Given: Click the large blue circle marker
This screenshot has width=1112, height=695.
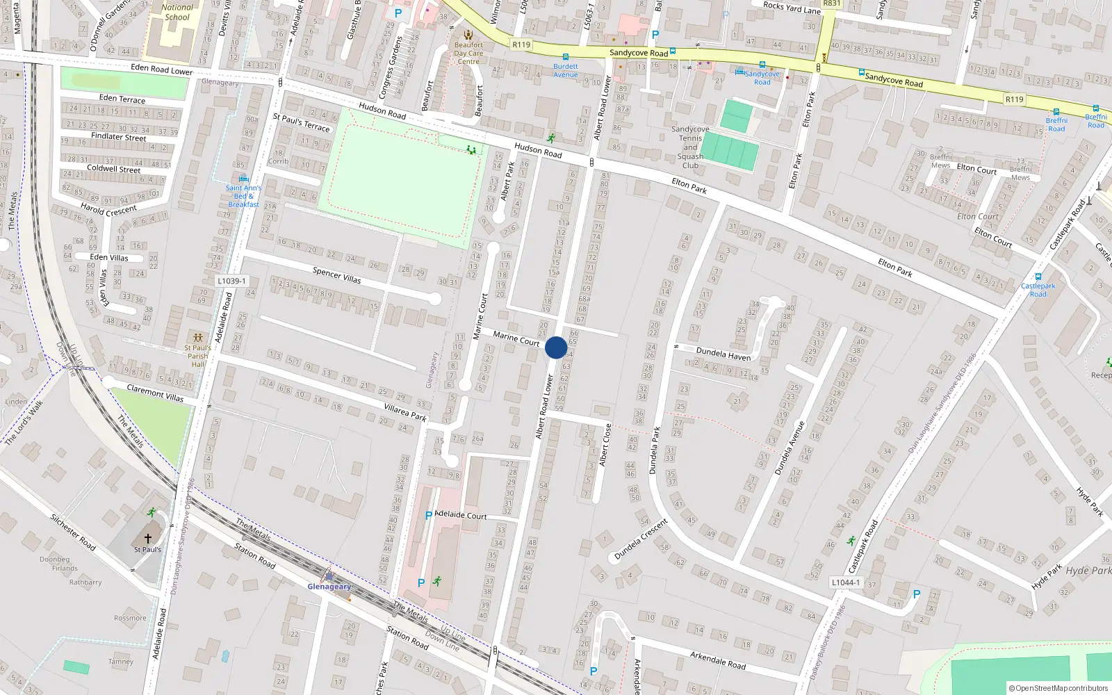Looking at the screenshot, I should click(556, 347).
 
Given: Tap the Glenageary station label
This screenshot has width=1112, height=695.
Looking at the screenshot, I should click(329, 587).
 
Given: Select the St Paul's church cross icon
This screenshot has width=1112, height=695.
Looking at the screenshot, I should click(147, 539).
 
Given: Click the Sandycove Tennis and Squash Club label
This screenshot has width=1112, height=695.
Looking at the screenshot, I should click(690, 147).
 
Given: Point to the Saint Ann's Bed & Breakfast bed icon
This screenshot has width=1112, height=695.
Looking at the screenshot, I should click(243, 179).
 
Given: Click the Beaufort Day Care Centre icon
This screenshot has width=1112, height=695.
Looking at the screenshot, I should click(468, 35).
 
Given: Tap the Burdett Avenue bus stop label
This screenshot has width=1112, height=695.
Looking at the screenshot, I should click(565, 71).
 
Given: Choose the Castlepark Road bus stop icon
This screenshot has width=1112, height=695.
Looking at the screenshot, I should click(1038, 277).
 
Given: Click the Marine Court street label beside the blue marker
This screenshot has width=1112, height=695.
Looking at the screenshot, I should click(516, 338).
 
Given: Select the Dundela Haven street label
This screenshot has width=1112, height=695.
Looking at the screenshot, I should click(723, 354).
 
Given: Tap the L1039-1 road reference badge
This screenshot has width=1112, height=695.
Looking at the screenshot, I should click(231, 281).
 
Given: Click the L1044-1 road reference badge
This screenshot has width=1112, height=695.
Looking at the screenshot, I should click(846, 582).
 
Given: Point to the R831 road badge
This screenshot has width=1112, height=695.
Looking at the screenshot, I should click(831, 3).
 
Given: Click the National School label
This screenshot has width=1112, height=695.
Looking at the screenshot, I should click(177, 13).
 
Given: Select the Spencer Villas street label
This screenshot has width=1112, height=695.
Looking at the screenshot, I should click(336, 275).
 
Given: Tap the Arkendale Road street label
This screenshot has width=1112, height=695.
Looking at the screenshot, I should click(718, 660).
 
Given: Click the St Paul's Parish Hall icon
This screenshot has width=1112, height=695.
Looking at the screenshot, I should click(198, 338).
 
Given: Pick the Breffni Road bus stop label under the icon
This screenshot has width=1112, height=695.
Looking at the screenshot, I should click(1056, 124).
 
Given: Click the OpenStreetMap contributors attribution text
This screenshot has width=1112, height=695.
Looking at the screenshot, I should click(1058, 688).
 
